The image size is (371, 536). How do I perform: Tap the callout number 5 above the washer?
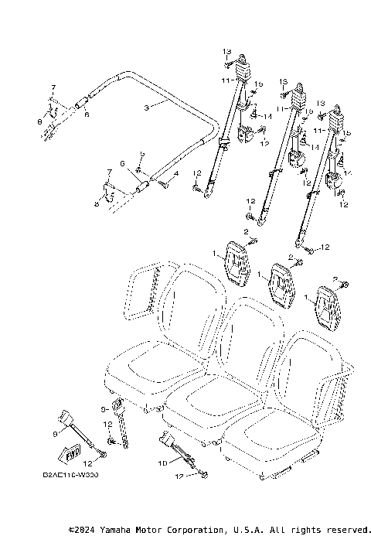[141, 155]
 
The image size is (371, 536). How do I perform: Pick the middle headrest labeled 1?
[281, 283]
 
